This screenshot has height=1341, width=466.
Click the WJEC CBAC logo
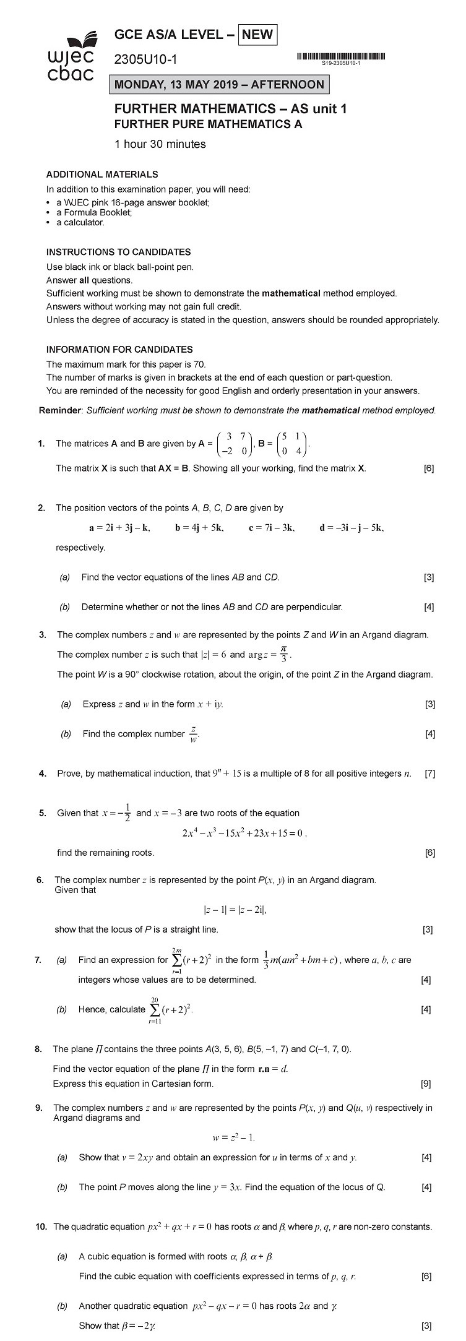(71, 59)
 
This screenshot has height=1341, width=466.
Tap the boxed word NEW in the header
(257, 35)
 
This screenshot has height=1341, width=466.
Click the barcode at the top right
(341, 58)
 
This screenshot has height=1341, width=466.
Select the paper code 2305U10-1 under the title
(145, 60)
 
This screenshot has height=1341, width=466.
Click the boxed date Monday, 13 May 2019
(219, 85)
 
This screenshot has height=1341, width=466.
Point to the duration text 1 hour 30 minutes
(160, 144)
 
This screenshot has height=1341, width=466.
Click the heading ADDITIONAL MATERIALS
(102, 175)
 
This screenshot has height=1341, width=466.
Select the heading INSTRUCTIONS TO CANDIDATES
(118, 252)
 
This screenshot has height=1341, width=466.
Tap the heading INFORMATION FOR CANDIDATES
(119, 350)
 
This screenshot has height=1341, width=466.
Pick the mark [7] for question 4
(429, 774)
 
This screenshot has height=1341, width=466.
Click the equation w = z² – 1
(233, 1137)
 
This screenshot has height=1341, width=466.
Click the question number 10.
(41, 1227)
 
